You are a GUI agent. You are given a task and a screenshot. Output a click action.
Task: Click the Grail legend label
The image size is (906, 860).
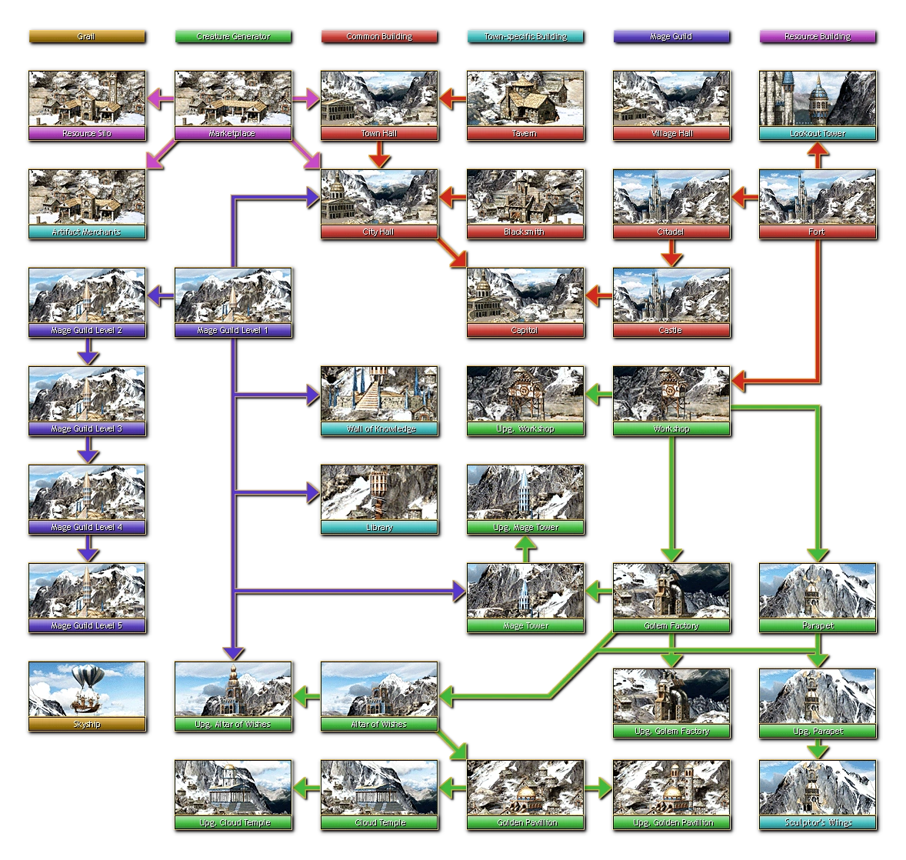[x=86, y=36]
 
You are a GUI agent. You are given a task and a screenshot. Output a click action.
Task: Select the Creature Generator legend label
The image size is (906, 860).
[x=232, y=36]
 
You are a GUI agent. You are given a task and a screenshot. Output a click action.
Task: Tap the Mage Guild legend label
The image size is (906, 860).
[x=671, y=36]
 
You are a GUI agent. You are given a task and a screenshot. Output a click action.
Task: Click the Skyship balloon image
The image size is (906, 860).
[x=86, y=689]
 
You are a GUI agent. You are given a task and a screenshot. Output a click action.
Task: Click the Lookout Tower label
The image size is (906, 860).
[x=818, y=134]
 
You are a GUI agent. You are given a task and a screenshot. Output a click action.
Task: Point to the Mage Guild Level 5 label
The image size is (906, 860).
[x=86, y=626]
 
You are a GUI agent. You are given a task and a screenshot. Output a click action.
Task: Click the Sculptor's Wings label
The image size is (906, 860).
[x=818, y=823]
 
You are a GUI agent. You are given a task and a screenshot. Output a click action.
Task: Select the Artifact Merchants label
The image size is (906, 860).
[x=86, y=232]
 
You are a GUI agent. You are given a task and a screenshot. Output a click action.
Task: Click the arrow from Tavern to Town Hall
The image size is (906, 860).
[x=452, y=98]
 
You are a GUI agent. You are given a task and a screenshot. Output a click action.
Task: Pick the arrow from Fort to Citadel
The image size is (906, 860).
[x=744, y=198]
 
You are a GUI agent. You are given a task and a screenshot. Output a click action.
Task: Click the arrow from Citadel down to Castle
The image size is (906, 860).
[x=671, y=253]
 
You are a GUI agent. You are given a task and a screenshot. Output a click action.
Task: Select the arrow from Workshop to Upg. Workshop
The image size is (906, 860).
[x=598, y=395]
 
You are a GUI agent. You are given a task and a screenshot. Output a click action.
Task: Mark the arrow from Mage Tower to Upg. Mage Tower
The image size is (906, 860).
[x=525, y=548]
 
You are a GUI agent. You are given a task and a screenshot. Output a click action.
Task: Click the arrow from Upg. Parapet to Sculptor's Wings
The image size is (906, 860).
[x=818, y=748]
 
